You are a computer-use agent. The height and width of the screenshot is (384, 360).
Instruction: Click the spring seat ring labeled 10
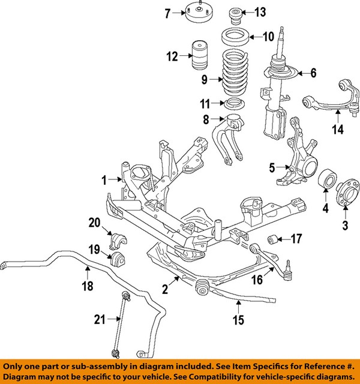(x=235, y=37)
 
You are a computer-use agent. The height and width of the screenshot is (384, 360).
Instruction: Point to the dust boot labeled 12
(x=200, y=57)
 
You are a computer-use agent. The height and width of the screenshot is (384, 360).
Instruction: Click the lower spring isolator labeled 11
(x=234, y=103)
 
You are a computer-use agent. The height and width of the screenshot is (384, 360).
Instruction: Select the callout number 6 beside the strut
(x=313, y=73)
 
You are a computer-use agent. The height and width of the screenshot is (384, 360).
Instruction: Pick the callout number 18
(x=88, y=287)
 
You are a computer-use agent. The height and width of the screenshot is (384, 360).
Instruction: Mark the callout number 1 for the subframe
(x=103, y=179)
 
